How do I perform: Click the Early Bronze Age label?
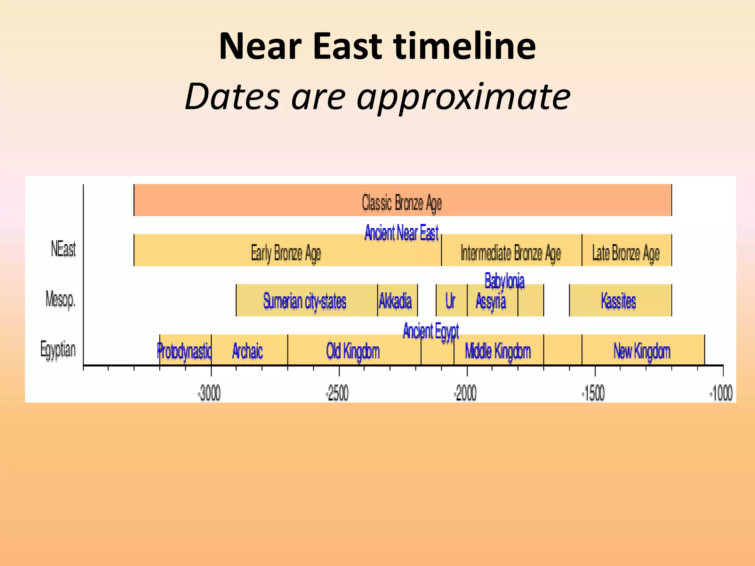[286, 253]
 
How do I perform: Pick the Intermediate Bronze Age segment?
[511, 253]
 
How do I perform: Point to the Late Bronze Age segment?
[626, 253]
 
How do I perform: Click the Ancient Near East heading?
[401, 233]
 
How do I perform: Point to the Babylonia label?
[504, 281]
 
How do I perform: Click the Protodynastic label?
[184, 351]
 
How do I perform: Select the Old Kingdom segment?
[353, 351]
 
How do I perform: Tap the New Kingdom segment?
[642, 351]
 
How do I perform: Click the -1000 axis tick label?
[721, 394]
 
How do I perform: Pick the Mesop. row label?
[60, 299]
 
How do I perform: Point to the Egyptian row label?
[58, 349]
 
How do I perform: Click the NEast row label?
[63, 249]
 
